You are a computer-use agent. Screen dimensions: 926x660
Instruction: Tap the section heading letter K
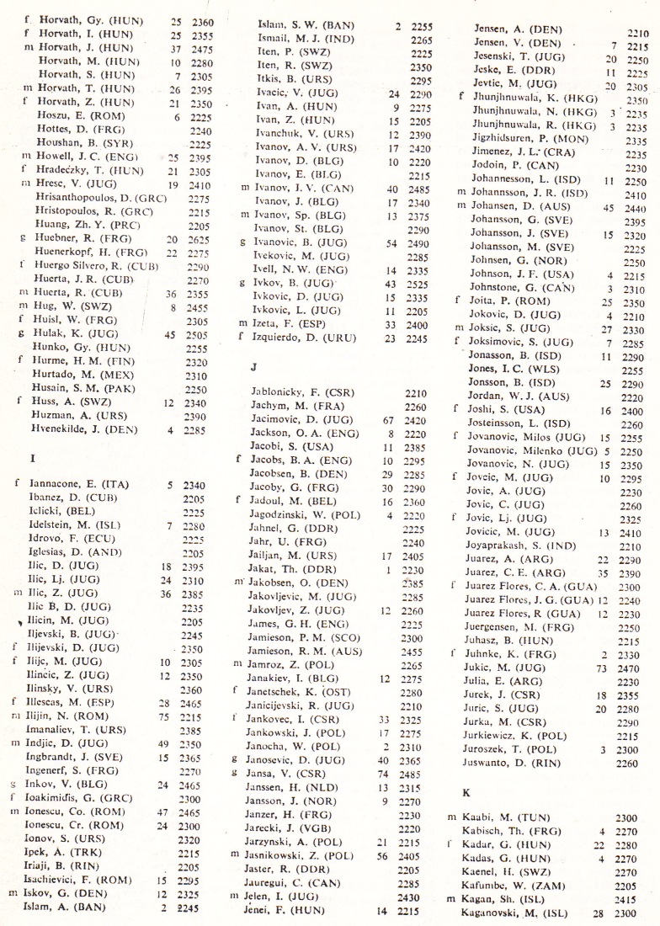click(468, 791)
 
